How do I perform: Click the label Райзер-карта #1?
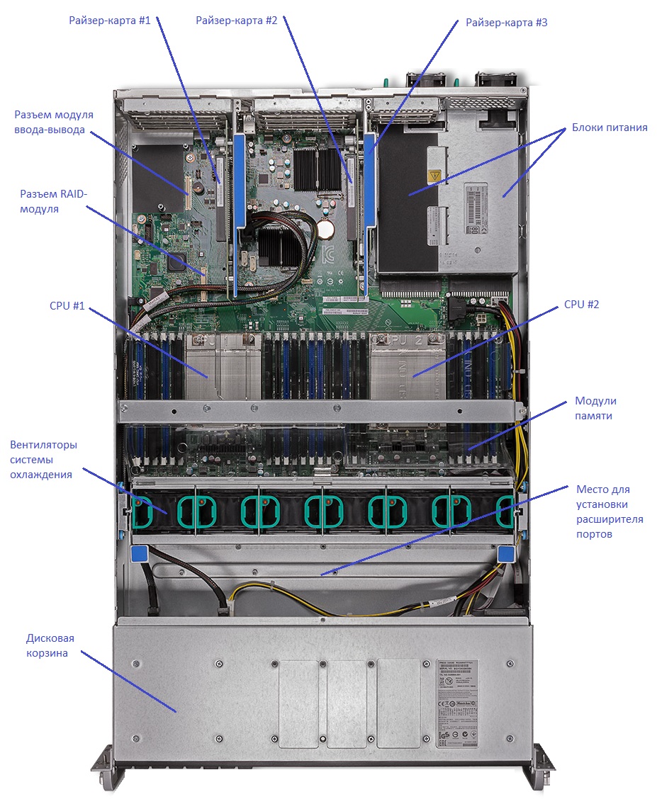coord(110,21)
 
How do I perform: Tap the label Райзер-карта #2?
coord(237,21)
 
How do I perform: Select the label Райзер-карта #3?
coord(506,23)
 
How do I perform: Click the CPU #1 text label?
coord(67,306)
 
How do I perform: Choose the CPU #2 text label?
coord(581,305)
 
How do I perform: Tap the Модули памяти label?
coord(595,409)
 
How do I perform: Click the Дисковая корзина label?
coord(50,645)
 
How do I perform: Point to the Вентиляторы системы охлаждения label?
coord(44,460)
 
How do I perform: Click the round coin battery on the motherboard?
coord(327,228)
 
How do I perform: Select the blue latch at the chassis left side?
coord(140,553)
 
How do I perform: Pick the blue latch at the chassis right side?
coord(506,553)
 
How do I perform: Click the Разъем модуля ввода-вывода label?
coord(54,122)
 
